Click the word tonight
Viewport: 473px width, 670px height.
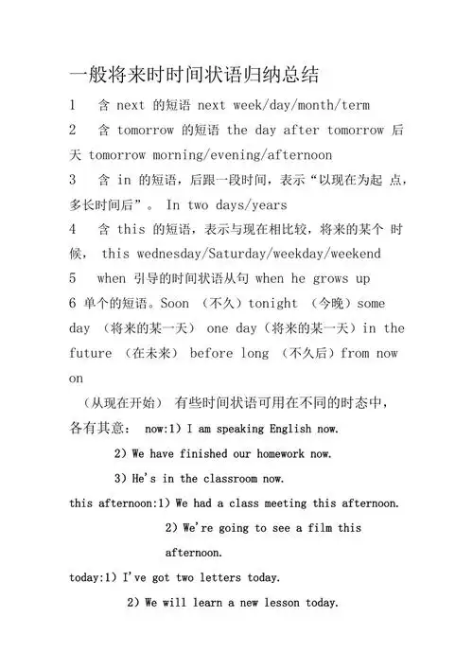[x=273, y=304]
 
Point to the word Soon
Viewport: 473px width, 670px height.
[x=175, y=304]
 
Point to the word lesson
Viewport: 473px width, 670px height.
[x=277, y=602]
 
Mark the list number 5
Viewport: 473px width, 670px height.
[x=73, y=279]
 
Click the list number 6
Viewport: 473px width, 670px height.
[x=73, y=304]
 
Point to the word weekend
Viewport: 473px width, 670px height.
[x=349, y=255]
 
